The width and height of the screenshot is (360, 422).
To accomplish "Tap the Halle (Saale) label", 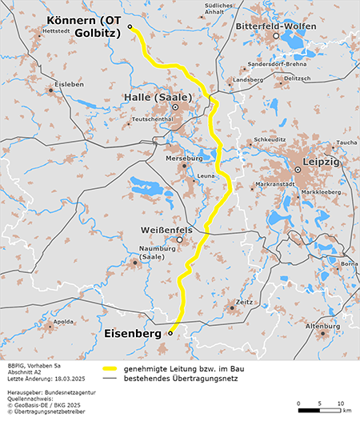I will pyautogui.click(x=158, y=97).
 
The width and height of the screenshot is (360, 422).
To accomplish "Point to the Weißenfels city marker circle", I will pyautogui.click(x=180, y=239).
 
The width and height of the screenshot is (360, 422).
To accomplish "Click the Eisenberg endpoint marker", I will pyautogui.click(x=170, y=333).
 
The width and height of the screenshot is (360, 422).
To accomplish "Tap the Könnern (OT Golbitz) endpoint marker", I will pyautogui.click(x=130, y=26).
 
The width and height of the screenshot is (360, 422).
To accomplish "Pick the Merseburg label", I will pyautogui.click(x=184, y=158).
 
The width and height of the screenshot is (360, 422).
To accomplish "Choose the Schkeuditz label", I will pyautogui.click(x=270, y=139).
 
